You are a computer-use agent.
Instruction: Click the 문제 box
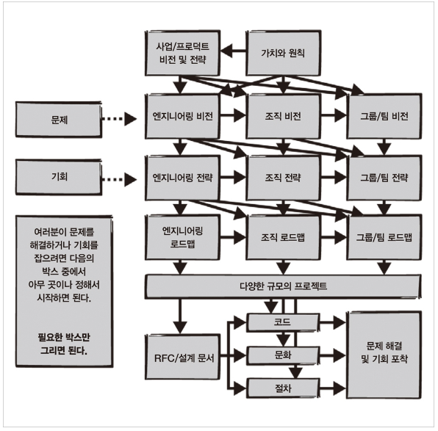(x=59, y=120)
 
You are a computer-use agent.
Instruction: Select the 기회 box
(x=59, y=177)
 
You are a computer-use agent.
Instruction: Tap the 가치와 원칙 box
(x=283, y=53)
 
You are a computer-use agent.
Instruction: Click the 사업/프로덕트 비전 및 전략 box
(x=182, y=53)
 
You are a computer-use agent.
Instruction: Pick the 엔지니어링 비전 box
(x=182, y=116)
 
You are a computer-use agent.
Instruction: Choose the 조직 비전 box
(x=283, y=116)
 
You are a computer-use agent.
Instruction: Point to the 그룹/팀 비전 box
(x=384, y=116)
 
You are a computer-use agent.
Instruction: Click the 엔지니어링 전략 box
(x=182, y=178)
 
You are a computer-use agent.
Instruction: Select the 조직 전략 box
(x=283, y=178)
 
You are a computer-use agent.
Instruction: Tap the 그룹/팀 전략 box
(x=384, y=178)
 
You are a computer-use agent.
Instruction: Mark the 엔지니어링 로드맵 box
(x=182, y=237)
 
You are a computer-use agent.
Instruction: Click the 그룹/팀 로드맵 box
(x=384, y=237)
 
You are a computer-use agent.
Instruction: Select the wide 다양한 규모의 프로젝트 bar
(x=283, y=286)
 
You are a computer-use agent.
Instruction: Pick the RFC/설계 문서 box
(x=182, y=357)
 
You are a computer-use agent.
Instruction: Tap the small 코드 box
(x=283, y=322)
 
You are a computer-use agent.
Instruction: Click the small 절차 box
(x=283, y=388)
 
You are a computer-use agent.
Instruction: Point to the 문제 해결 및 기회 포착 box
(x=384, y=355)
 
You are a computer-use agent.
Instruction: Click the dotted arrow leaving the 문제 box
(x=119, y=119)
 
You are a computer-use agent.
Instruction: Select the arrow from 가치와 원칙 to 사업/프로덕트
(x=233, y=51)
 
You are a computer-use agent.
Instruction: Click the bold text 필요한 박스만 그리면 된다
(x=64, y=344)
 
